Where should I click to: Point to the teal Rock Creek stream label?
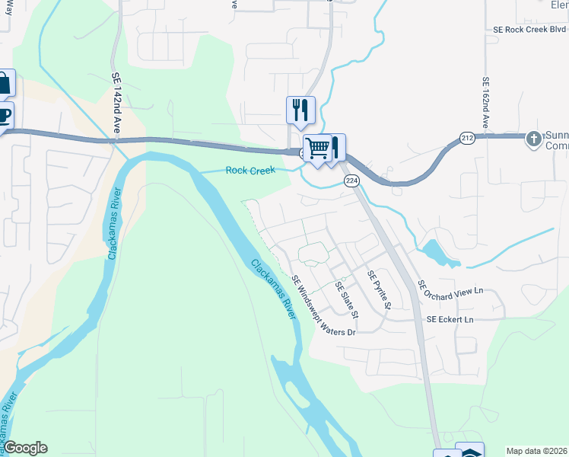click(x=250, y=171)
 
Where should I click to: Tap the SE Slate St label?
click(x=346, y=300)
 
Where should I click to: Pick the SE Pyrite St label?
click(x=378, y=290)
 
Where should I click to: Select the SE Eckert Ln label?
click(x=450, y=320)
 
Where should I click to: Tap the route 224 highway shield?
click(x=351, y=181)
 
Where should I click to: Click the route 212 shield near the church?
click(x=467, y=138)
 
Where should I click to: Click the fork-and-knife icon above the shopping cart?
click(x=300, y=110)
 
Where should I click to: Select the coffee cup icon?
click(x=3, y=117)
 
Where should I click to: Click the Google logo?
click(x=25, y=448)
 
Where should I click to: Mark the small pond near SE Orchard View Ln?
click(x=436, y=252)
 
